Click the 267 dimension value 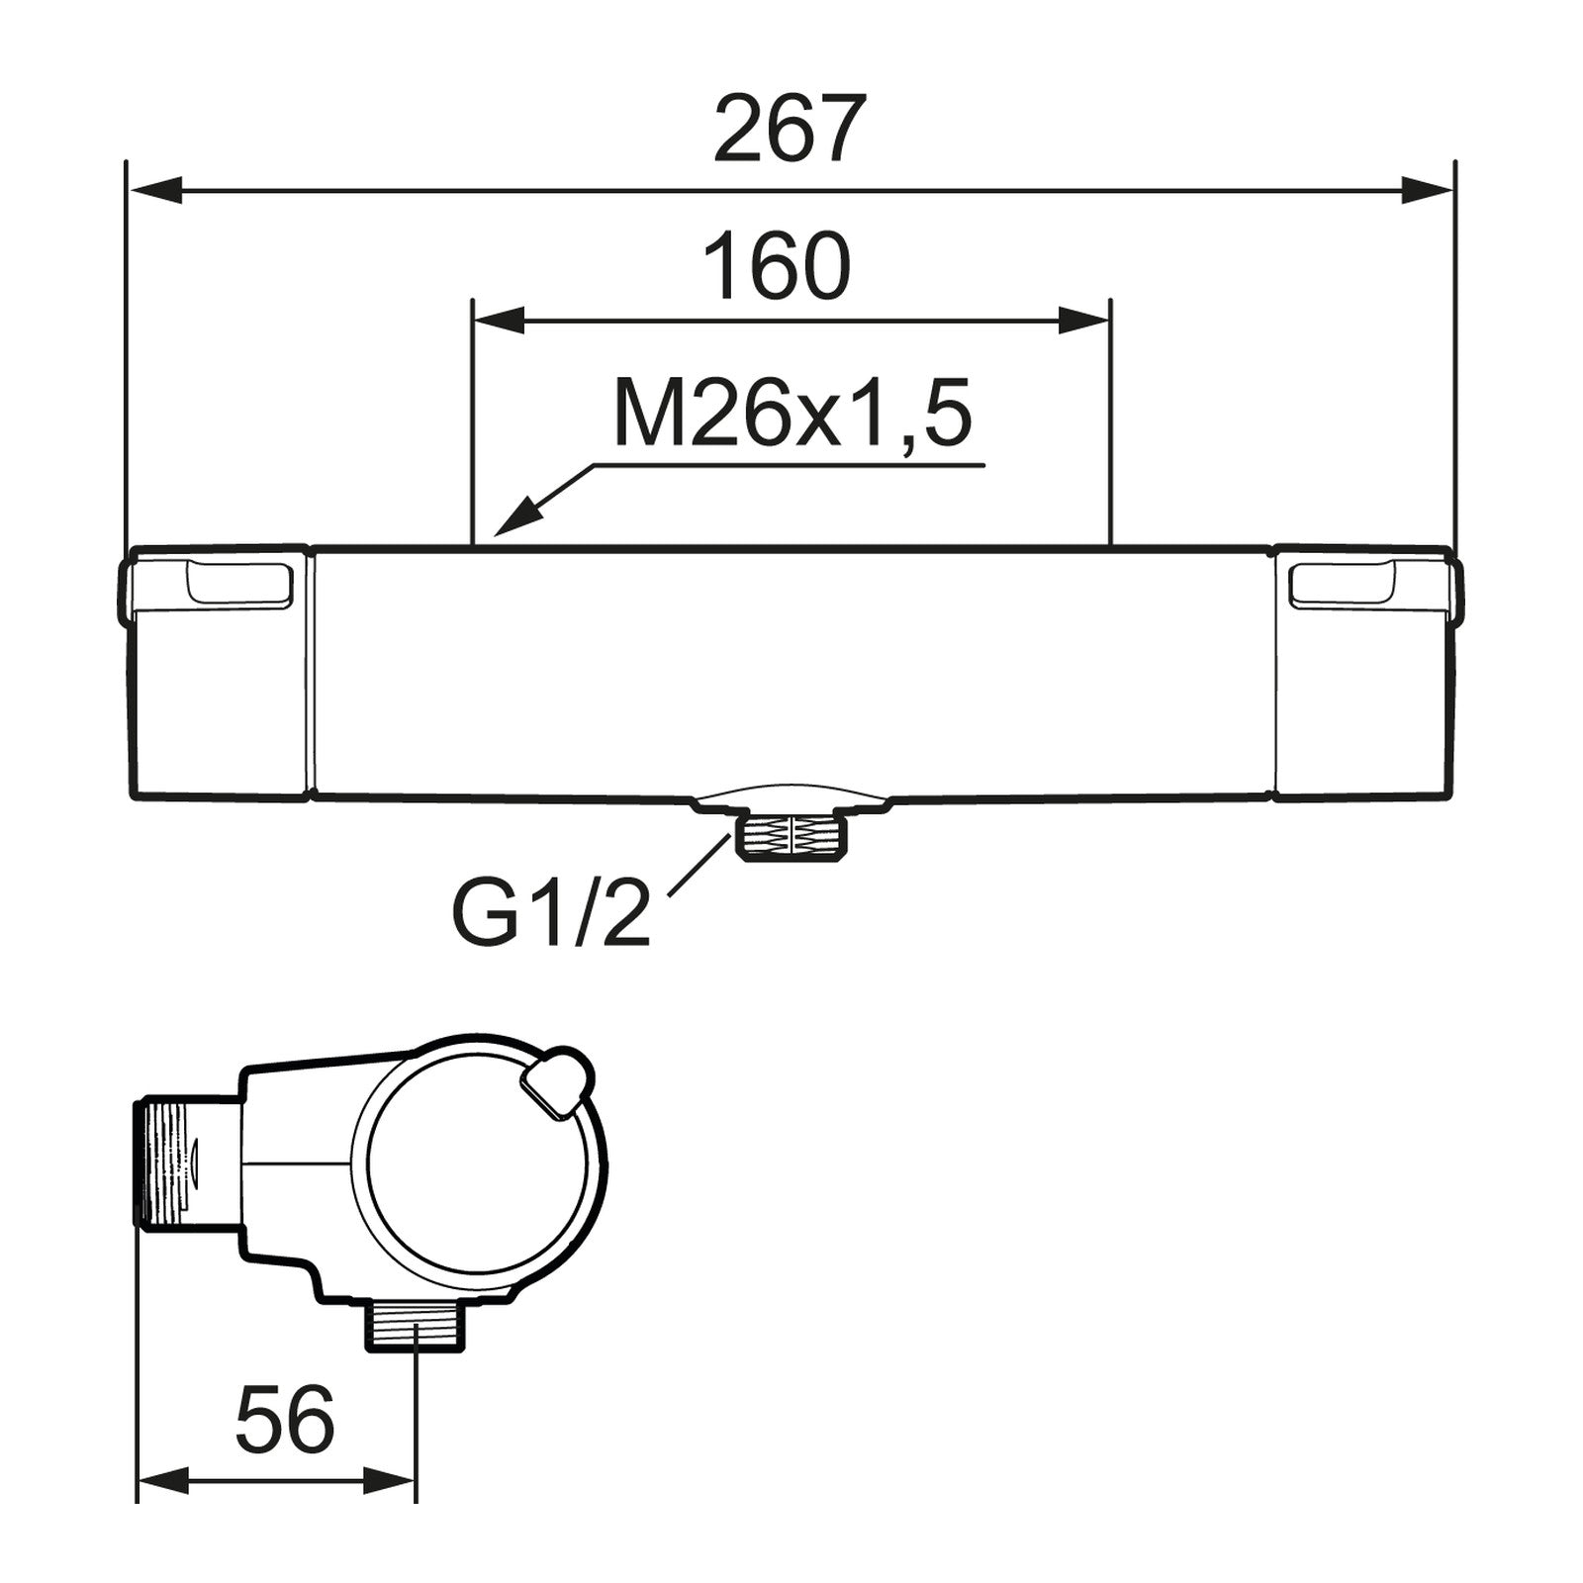coord(790,129)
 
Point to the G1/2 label coord(551,912)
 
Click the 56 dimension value coord(285,1420)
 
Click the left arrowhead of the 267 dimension coord(156,190)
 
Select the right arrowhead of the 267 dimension coord(1427,190)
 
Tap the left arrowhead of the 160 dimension coord(500,321)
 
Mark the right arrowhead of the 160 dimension coord(1084,321)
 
